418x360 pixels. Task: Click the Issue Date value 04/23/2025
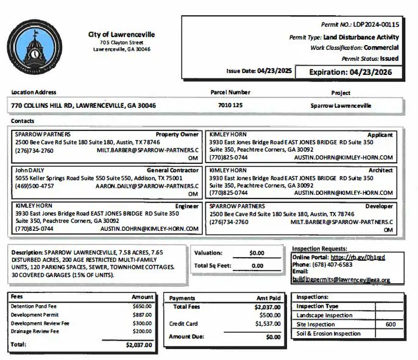point(274,71)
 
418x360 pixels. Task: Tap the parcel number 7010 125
point(230,105)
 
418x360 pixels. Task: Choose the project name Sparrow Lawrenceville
point(341,105)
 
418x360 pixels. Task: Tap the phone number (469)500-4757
point(34,186)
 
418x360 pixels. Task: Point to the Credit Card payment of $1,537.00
point(267,324)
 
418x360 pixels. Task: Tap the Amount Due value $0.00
point(273,336)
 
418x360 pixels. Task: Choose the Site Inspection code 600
point(391,325)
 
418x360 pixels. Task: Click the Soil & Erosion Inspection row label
point(328,333)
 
